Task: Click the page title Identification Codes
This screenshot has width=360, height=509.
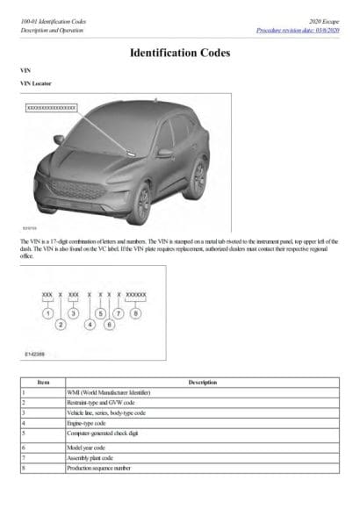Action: pyautogui.click(x=180, y=53)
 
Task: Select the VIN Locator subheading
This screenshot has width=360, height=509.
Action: pyautogui.click(x=35, y=83)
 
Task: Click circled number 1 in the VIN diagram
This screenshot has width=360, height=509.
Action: pyautogui.click(x=47, y=313)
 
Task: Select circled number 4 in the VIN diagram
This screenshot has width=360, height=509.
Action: pyautogui.click(x=90, y=325)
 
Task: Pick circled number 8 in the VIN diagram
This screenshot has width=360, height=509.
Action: pyautogui.click(x=136, y=313)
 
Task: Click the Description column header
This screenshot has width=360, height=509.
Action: pyautogui.click(x=202, y=382)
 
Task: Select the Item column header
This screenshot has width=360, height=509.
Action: pyautogui.click(x=41, y=382)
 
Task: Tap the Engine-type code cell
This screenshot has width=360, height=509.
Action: pyautogui.click(x=84, y=422)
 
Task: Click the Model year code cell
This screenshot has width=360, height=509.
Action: pyautogui.click(x=83, y=447)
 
